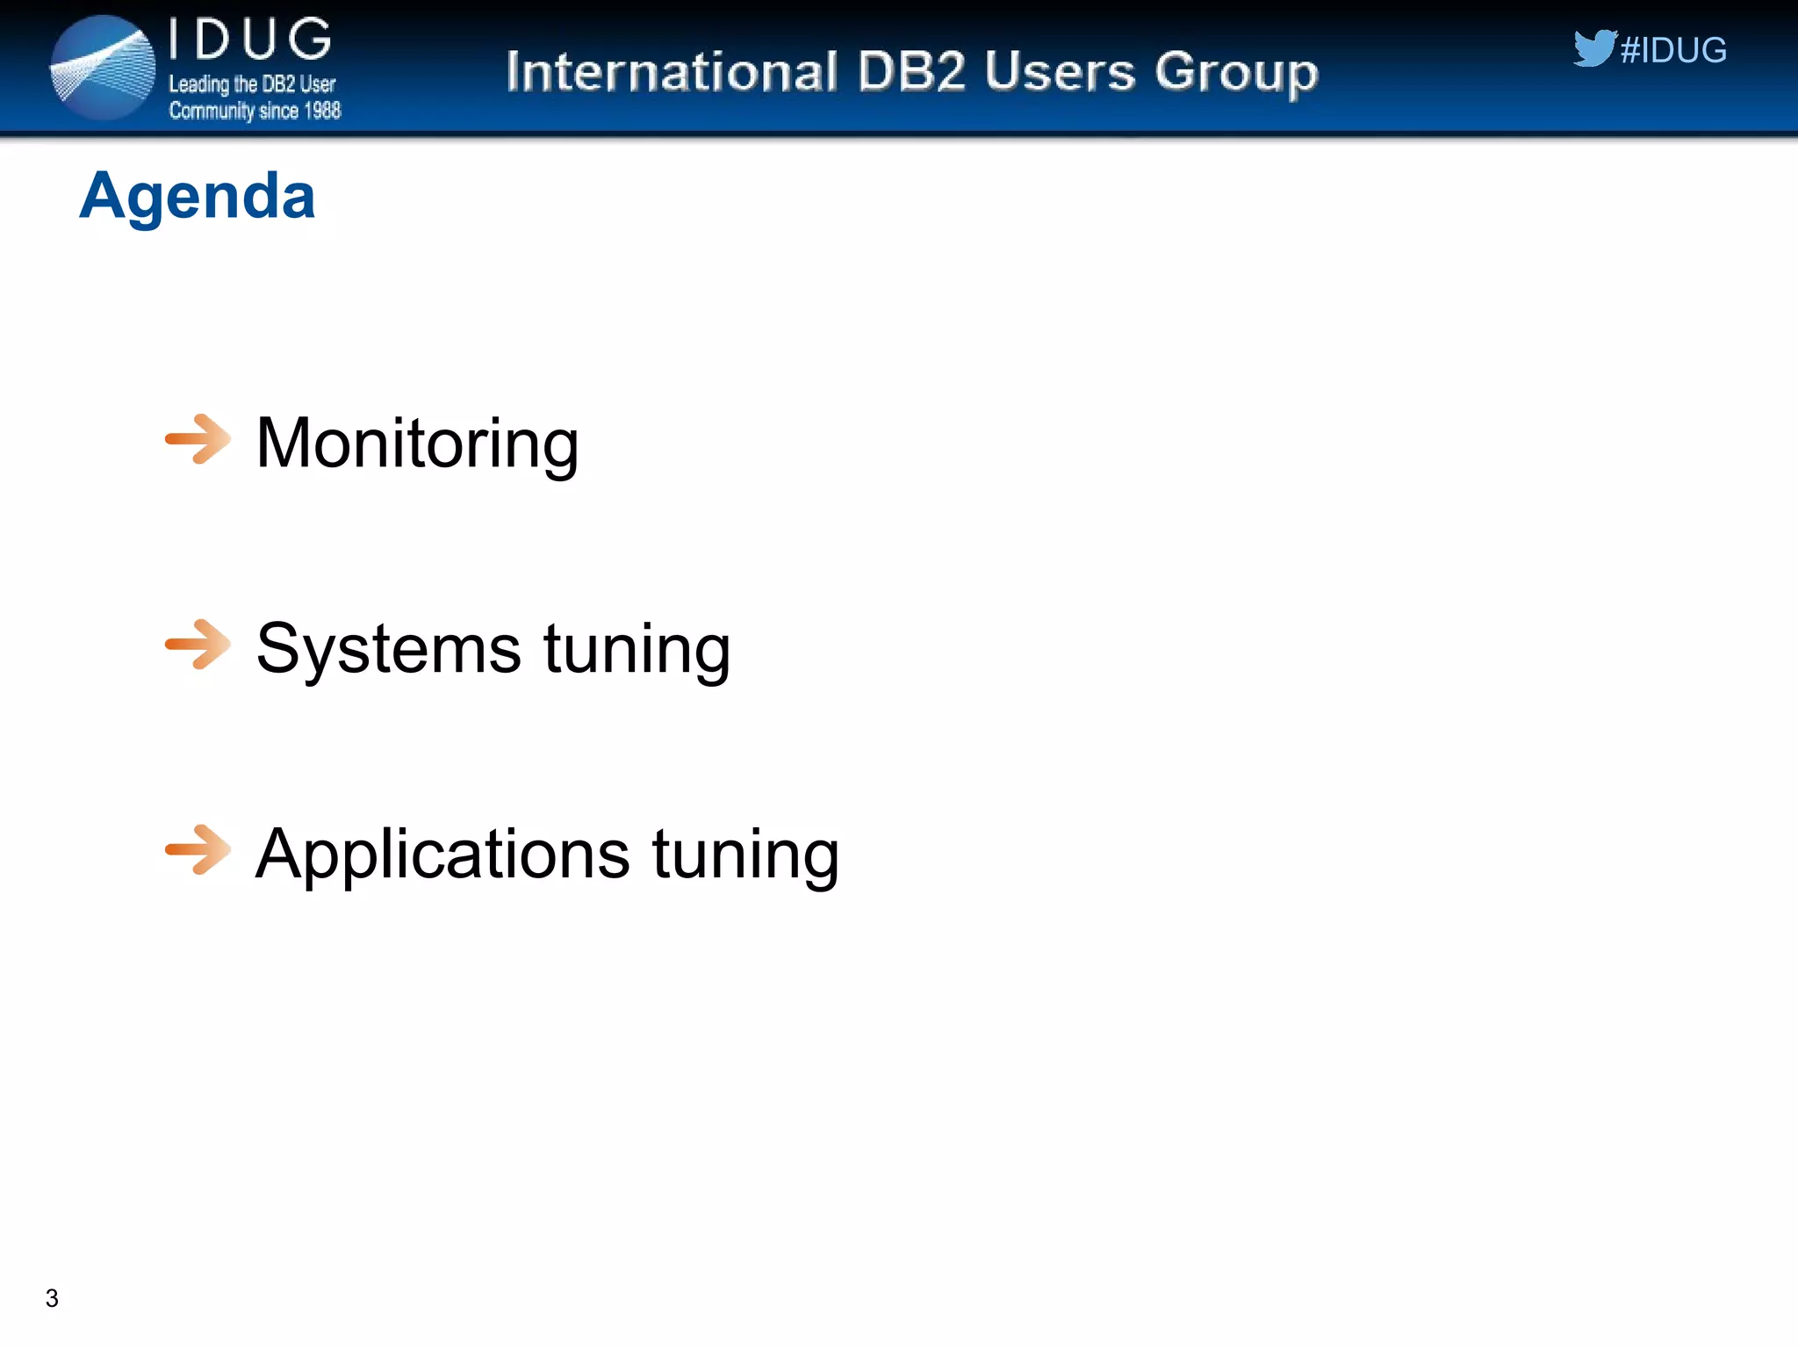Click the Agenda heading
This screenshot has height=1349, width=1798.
tap(198, 196)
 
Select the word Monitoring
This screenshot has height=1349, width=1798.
tap(417, 444)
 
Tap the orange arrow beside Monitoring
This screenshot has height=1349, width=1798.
tap(198, 438)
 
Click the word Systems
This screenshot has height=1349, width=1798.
tap(388, 649)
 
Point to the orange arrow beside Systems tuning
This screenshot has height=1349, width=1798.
tap(198, 644)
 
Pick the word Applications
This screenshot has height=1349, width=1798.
tap(442, 854)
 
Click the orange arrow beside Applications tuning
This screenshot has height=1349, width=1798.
tap(198, 849)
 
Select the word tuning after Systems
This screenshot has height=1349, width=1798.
tap(637, 649)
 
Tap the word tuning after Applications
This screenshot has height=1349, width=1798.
tap(745, 854)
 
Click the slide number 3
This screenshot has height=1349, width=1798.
tap(52, 1298)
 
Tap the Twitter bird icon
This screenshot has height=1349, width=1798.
tap(1593, 48)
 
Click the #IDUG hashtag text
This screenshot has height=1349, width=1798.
tap(1673, 50)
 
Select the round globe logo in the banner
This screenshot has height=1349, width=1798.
tap(103, 68)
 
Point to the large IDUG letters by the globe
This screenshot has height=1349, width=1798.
tap(250, 40)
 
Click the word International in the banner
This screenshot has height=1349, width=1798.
tap(672, 71)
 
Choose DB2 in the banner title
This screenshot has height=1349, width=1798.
tap(911, 71)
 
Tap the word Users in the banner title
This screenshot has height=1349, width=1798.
tap(1060, 71)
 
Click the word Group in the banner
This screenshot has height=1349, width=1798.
tap(1236, 73)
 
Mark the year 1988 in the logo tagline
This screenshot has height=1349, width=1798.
tap(321, 111)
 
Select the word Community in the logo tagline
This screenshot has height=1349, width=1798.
tap(212, 111)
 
